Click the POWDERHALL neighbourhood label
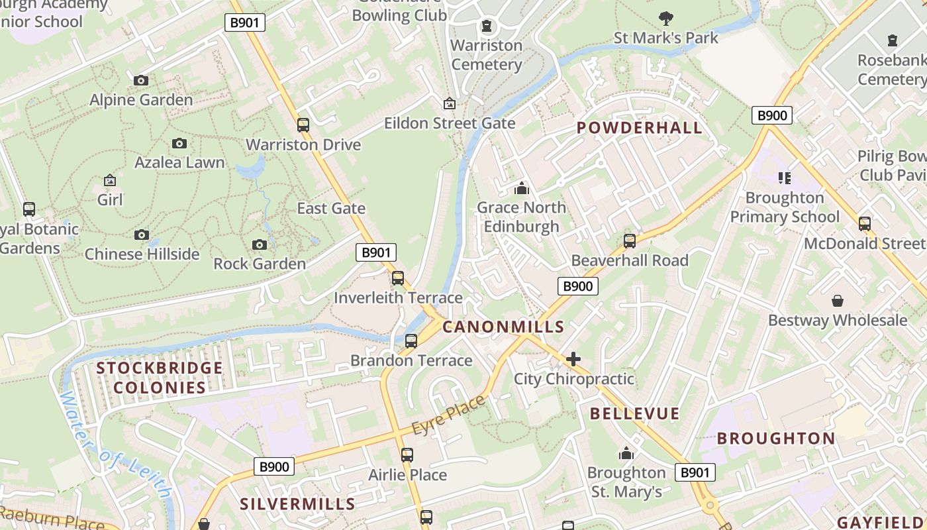click(639, 128)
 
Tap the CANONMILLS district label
click(503, 327)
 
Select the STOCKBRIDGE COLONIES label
click(160, 378)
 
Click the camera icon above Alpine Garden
click(141, 81)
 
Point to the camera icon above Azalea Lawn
click(179, 144)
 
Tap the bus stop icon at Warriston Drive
click(303, 125)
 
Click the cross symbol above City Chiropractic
click(573, 359)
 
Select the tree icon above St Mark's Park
click(666, 18)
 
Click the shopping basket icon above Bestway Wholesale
click(838, 301)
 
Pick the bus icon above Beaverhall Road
click(630, 240)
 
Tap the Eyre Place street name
click(448, 415)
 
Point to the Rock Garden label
click(260, 264)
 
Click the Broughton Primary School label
click(785, 207)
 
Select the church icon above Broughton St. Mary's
click(626, 453)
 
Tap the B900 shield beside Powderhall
click(772, 115)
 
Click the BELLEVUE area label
click(635, 414)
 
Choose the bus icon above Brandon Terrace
click(411, 341)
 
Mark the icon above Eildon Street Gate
click(449, 103)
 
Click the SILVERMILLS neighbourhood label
click(297, 504)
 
